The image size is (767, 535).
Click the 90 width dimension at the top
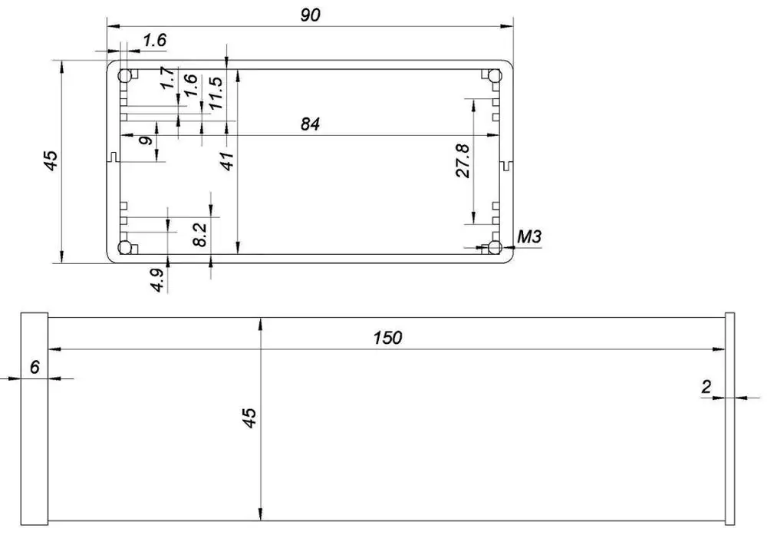tap(310, 14)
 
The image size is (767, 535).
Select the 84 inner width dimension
tap(310, 124)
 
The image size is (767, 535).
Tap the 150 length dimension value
tap(388, 338)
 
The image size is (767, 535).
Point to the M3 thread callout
tap(529, 236)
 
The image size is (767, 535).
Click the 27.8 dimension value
tap(463, 160)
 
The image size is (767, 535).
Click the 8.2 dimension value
tap(199, 234)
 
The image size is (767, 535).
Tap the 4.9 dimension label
tap(157, 279)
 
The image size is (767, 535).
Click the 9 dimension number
tap(144, 141)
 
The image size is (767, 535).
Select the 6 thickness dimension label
tap(35, 367)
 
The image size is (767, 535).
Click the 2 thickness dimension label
tap(706, 387)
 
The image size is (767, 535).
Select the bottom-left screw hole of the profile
tap(125, 247)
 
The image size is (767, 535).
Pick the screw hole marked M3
tap(495, 247)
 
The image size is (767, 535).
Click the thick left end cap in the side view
tap(35, 419)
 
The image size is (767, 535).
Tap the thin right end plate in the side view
tap(730, 419)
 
